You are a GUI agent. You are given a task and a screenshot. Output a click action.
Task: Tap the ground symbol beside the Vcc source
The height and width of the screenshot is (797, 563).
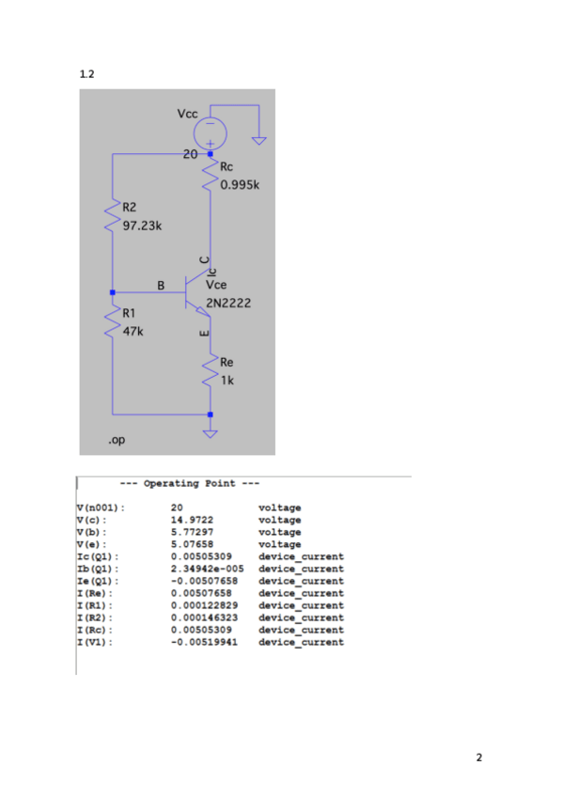pos(259,141)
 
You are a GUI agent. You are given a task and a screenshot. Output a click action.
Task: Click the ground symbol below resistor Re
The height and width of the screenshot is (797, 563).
pos(211,433)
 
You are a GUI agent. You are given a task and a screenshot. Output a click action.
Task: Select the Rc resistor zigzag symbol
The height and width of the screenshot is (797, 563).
pos(210,173)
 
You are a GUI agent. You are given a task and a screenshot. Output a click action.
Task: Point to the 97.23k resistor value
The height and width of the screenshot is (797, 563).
pos(142,226)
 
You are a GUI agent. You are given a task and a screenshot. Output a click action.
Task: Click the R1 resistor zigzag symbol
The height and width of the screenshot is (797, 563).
pos(112,321)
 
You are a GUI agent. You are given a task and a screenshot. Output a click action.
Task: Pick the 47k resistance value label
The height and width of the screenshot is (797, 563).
pos(133,332)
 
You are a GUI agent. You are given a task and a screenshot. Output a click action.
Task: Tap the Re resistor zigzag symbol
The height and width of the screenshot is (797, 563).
pos(210,370)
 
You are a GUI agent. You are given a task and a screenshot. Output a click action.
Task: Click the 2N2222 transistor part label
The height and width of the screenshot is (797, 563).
pos(228,304)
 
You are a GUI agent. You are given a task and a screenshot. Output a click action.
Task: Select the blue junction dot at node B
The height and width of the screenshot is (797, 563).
pos(112,292)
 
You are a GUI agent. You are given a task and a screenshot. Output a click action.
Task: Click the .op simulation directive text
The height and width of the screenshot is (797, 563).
pos(117,440)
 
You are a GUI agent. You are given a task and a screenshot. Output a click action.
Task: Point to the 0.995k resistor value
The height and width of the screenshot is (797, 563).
pos(240,185)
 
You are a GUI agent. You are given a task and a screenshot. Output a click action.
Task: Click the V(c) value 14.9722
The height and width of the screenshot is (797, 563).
pos(192,520)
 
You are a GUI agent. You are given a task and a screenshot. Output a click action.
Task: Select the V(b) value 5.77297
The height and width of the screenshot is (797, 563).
pos(192,532)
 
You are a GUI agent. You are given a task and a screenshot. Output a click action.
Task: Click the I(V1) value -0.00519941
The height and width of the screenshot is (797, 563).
pos(204,642)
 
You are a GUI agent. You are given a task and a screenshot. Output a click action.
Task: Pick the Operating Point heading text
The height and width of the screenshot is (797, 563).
pos(190,483)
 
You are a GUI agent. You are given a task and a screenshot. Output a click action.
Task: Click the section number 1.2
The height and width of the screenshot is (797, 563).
pos(86,74)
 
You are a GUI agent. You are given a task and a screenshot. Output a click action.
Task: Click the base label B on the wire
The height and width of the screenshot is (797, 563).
pos(161,286)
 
